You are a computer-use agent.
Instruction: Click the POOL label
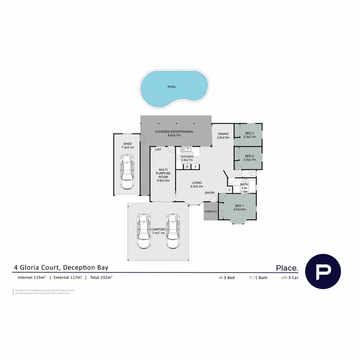[172, 87]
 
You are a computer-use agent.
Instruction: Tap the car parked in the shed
[127, 171]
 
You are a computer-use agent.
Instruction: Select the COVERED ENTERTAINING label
[174, 132]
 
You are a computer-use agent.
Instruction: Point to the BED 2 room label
[249, 156]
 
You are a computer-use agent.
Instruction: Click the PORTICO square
[211, 212]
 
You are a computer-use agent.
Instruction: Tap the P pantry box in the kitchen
[187, 167]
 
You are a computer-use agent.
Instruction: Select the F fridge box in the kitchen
[195, 167]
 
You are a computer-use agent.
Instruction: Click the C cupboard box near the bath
[229, 190]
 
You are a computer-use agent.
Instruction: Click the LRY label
[158, 150]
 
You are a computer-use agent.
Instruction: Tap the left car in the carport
[143, 231]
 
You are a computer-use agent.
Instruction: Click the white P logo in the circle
[323, 271]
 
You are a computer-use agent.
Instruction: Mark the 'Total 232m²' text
[101, 277]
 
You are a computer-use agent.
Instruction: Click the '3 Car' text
[293, 278]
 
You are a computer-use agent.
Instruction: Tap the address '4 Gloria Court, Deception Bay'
[61, 267]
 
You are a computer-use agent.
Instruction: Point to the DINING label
[223, 134]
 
